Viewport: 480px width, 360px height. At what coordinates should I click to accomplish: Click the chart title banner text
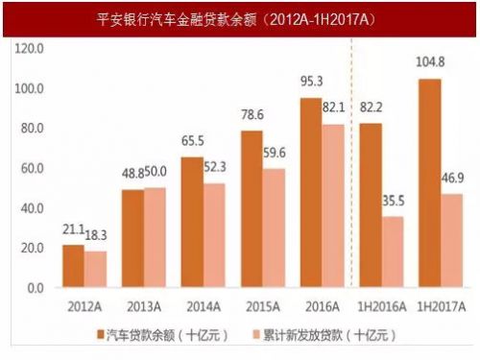[x=240, y=17]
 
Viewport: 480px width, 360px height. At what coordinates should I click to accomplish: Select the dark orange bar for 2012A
[x=74, y=266]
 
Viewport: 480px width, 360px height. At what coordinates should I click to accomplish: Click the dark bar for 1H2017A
[x=431, y=182]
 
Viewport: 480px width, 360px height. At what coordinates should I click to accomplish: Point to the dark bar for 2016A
[x=312, y=192]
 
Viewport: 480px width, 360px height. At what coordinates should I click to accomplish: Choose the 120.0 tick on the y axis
[x=29, y=48]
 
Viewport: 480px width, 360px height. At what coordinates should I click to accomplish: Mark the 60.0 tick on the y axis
[x=31, y=168]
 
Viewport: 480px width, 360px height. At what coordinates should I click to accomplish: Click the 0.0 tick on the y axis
[x=34, y=288]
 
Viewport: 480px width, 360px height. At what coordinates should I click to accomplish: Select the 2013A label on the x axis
[x=142, y=307]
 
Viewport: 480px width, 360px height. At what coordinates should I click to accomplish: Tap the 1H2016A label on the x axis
[x=383, y=307]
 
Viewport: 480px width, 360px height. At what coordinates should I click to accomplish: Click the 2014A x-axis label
[x=203, y=307]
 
